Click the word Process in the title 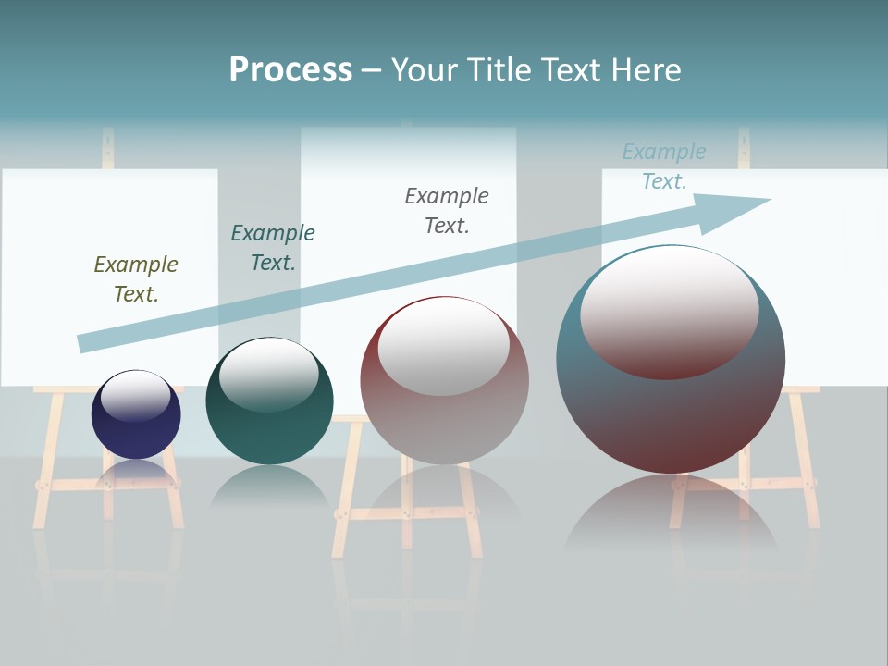[290, 70]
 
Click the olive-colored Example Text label [136, 279]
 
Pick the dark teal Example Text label [273, 248]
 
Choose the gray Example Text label [447, 211]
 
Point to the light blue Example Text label [664, 166]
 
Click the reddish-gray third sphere [444, 416]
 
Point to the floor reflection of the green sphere [268, 486]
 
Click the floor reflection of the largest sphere [671, 509]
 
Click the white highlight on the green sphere [268, 370]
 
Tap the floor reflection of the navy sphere [136, 473]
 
